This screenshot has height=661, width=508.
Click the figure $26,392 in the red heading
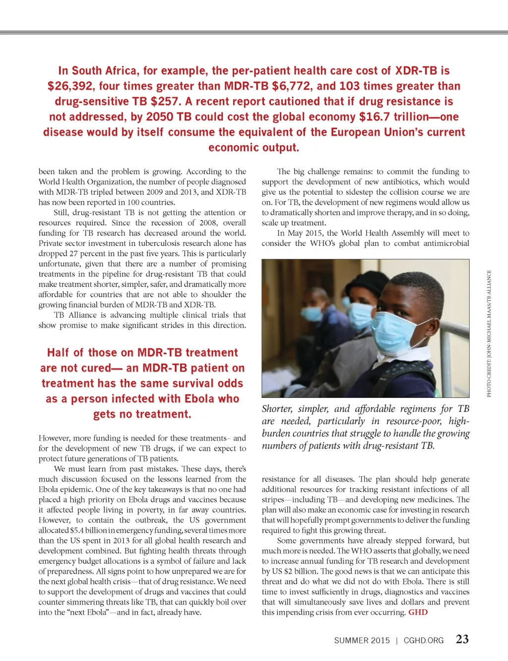tap(70, 86)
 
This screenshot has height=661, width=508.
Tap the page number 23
tap(462, 639)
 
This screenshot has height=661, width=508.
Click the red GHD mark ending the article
tap(418, 612)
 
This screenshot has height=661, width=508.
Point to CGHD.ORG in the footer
tap(424, 640)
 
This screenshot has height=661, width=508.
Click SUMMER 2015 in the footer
tap(362, 640)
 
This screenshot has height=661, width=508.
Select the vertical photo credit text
tap(489, 333)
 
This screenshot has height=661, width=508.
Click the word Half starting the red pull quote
tap(58, 353)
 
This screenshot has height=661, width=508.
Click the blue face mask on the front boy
tap(397, 334)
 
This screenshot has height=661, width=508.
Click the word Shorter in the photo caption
tap(277, 409)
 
